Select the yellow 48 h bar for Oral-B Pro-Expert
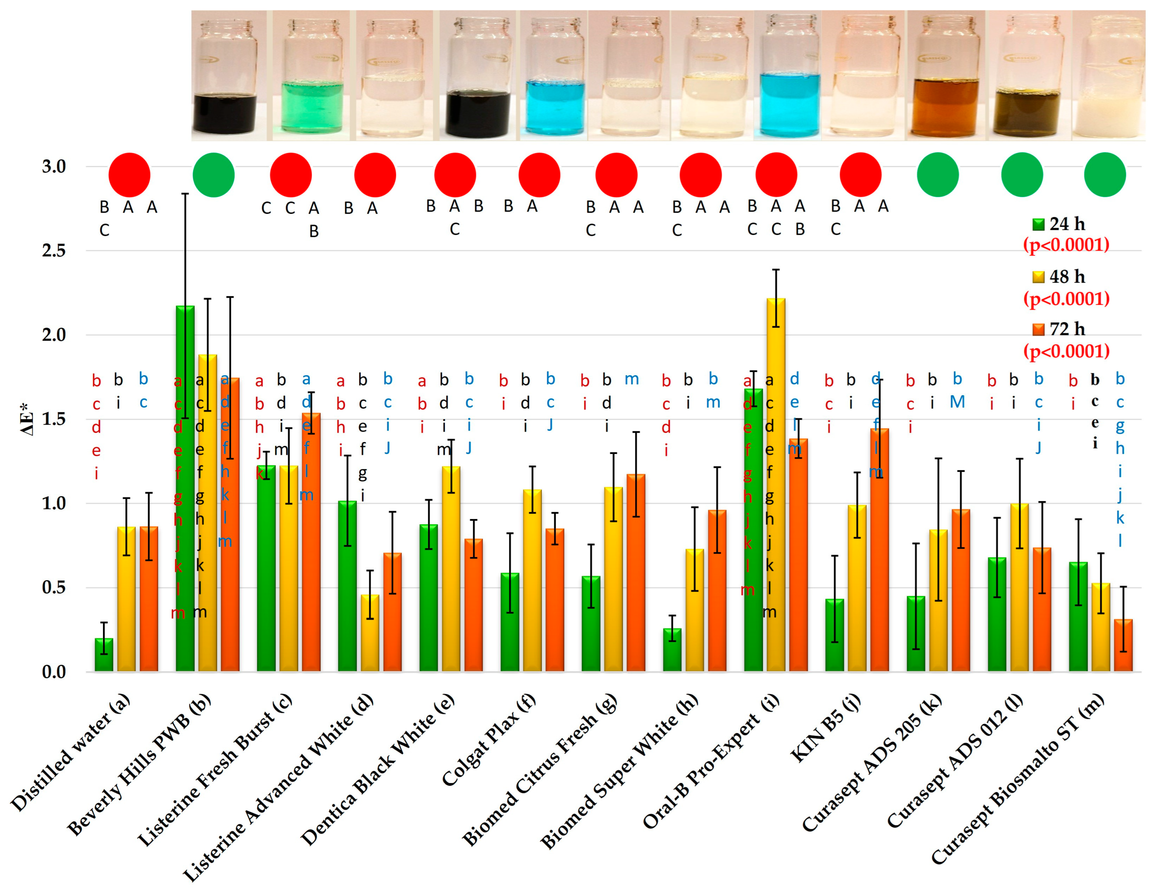coord(776,484)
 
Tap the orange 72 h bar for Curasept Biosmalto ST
coord(1123,645)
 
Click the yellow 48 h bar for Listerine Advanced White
coord(370,633)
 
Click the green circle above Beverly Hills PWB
coord(214,175)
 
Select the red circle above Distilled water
coord(129,175)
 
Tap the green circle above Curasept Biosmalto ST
coord(1105,175)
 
